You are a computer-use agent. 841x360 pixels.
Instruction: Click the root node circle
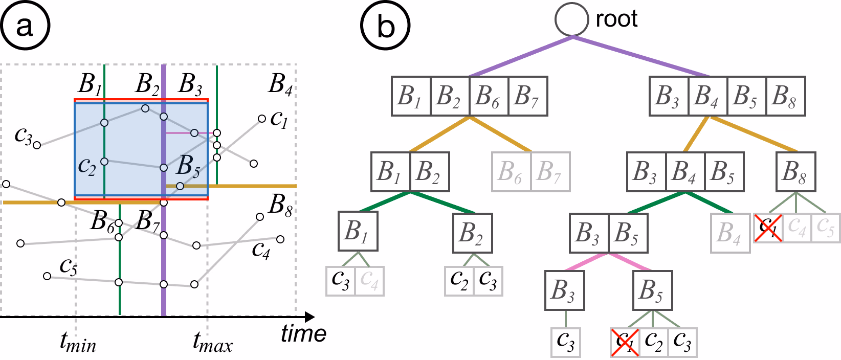(x=572, y=19)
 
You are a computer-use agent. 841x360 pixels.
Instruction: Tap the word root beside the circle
(x=616, y=19)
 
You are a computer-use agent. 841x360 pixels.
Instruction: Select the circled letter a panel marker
(x=25, y=26)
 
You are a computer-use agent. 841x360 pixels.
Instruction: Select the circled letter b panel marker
(x=385, y=26)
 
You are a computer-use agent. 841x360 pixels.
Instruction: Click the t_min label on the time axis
(x=78, y=342)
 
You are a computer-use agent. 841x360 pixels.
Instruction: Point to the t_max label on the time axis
(x=212, y=342)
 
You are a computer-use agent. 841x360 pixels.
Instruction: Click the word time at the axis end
(x=304, y=334)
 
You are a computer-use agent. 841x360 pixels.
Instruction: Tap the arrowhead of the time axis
(x=309, y=317)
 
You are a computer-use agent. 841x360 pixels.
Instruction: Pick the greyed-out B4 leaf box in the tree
(x=730, y=233)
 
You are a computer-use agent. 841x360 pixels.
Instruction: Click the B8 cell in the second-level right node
(x=785, y=96)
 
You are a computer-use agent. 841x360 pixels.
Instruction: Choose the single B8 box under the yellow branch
(x=796, y=171)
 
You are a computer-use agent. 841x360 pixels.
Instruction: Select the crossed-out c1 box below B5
(x=625, y=342)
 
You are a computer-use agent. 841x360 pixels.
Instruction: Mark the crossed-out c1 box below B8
(x=768, y=228)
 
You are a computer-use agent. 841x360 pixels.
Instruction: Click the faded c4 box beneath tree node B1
(x=369, y=281)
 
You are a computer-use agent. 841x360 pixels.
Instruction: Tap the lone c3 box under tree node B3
(x=566, y=342)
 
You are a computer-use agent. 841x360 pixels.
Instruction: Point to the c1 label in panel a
(x=279, y=119)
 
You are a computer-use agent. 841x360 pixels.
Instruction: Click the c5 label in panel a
(x=69, y=267)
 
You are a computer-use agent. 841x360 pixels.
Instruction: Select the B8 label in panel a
(x=280, y=206)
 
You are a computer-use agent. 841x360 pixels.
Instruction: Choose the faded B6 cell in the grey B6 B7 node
(x=512, y=171)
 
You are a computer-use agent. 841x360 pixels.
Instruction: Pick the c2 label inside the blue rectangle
(x=87, y=166)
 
